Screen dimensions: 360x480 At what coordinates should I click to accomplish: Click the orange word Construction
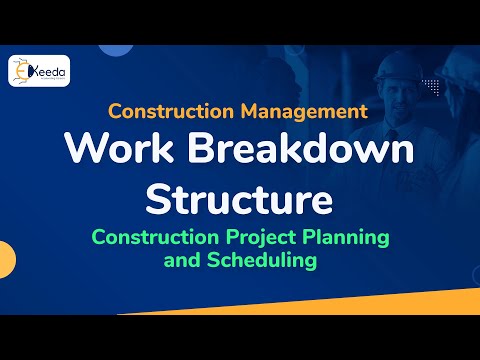click(x=166, y=110)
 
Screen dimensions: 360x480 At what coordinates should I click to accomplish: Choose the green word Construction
click(x=150, y=239)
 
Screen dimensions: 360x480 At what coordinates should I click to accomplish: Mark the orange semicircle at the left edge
click(x=5, y=257)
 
